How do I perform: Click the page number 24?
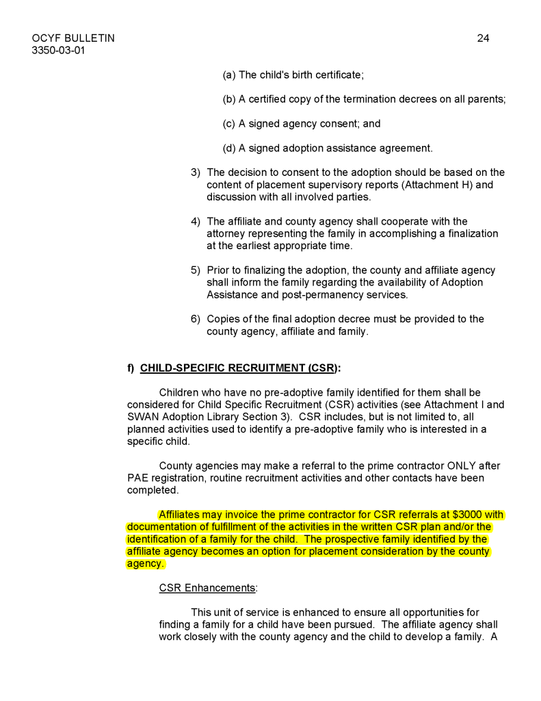(483, 38)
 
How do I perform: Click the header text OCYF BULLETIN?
(73, 38)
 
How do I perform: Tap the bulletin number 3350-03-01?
(59, 50)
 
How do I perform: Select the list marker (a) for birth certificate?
(229, 75)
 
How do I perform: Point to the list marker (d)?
(229, 148)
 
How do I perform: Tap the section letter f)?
(131, 368)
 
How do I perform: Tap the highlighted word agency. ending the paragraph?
(146, 563)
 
